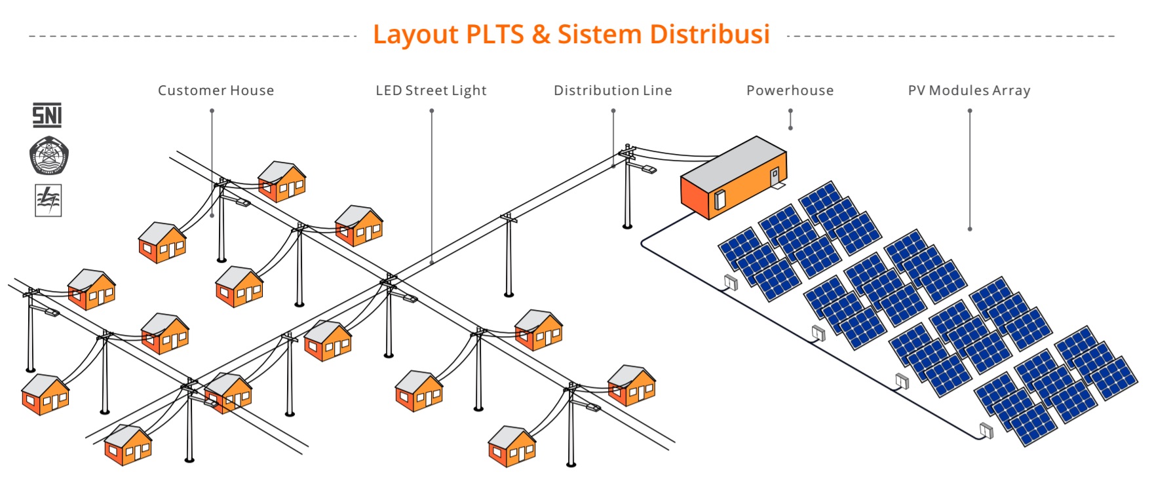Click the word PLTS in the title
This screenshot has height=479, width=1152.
[494, 34]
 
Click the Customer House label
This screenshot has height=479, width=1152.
[216, 90]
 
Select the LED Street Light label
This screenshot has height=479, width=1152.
[431, 90]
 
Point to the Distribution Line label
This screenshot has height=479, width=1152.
[613, 90]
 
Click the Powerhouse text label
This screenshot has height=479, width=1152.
[790, 90]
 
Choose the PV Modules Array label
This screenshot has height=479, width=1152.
[969, 90]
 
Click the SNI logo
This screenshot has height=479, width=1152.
[47, 115]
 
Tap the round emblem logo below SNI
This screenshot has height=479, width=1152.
[48, 155]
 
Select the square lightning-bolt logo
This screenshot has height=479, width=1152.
[48, 200]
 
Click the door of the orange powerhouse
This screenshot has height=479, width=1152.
[774, 176]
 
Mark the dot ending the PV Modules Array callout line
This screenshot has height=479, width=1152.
[970, 229]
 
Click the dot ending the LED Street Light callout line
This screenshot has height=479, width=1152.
[432, 262]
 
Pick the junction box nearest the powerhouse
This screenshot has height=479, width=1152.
[731, 282]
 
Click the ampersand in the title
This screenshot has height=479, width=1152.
[541, 34]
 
